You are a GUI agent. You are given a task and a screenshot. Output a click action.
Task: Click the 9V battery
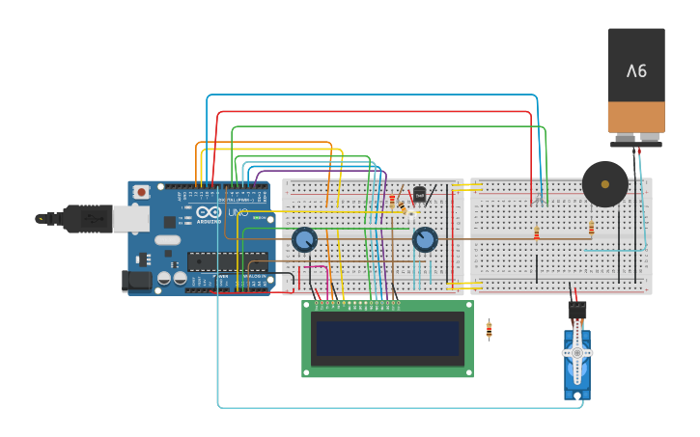[x=635, y=82]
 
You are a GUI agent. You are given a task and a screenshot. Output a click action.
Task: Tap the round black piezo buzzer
[x=604, y=183]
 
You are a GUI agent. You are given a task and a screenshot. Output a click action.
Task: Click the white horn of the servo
[x=577, y=354]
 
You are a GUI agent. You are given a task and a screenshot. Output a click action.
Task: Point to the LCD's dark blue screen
[x=387, y=339]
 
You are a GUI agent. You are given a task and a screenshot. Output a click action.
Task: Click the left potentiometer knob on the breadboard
[x=304, y=238]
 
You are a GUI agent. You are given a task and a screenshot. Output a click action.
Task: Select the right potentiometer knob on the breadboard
[x=425, y=239]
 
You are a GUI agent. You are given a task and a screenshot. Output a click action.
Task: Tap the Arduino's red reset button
[x=142, y=192]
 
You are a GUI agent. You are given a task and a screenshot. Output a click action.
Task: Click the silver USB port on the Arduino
[x=129, y=220]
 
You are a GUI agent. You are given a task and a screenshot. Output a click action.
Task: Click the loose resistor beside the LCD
[x=489, y=330]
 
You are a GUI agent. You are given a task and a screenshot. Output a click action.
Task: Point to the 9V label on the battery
[x=635, y=70]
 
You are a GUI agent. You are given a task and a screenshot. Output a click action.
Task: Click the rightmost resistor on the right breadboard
[x=591, y=228]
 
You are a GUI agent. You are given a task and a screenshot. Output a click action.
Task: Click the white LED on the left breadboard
[x=411, y=212]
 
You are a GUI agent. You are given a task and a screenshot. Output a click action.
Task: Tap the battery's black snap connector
[x=635, y=143]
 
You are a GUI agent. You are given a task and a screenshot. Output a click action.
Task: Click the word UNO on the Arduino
[x=238, y=212]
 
